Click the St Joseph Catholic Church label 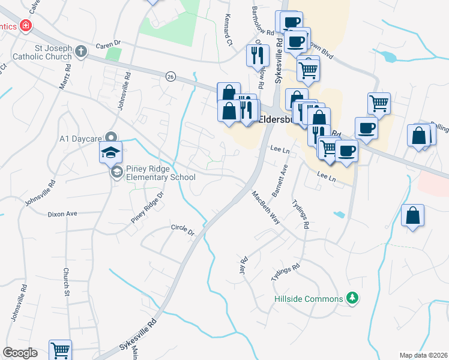coord(35,52)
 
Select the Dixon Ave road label coord(63,214)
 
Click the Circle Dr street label coord(182,229)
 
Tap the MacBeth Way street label coord(266,207)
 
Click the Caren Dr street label coord(109,44)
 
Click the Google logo coord(20,353)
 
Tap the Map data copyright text coord(423,355)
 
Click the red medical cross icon coord(26,26)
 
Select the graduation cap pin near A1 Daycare coord(111,152)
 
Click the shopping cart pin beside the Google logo coord(61,350)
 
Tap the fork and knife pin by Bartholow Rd coord(257,56)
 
